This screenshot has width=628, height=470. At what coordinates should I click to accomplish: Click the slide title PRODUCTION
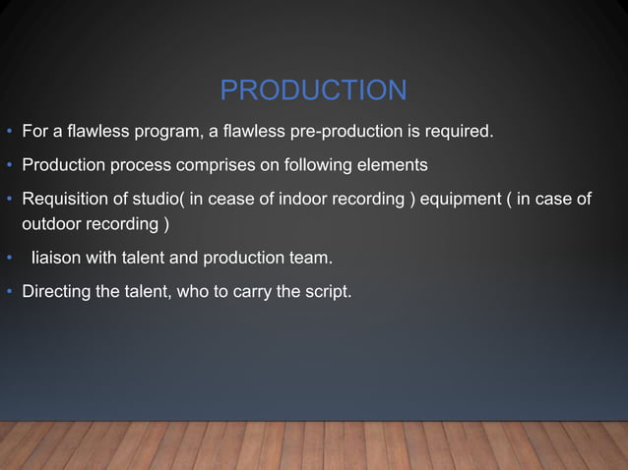tap(313, 90)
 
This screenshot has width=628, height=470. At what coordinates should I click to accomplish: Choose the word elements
tap(394, 164)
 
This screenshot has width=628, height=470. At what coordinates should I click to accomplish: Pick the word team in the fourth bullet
tap(313, 259)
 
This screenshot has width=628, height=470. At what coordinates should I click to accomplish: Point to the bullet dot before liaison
tap(9, 260)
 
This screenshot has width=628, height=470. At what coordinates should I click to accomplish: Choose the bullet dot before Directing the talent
tap(9, 292)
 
